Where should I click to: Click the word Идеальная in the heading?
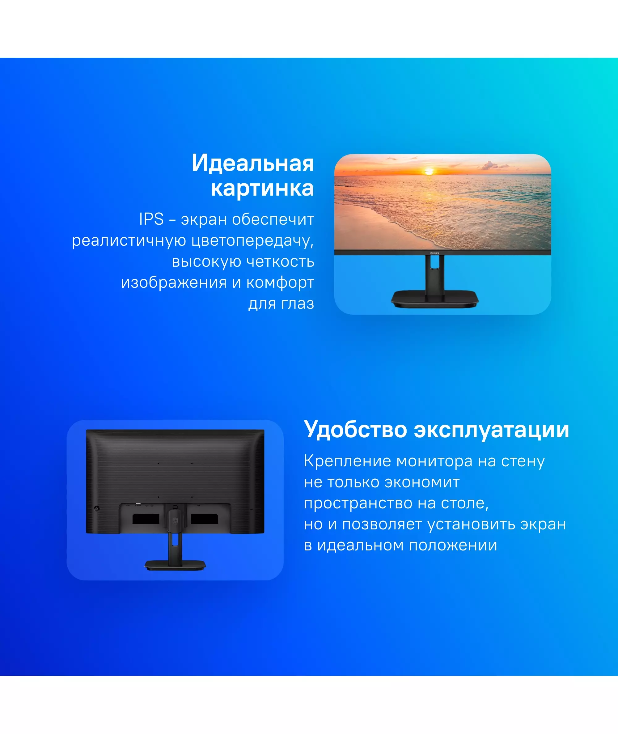(x=252, y=163)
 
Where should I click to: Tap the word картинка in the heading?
(x=262, y=189)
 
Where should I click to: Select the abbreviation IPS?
(x=151, y=219)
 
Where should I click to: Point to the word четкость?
(x=280, y=261)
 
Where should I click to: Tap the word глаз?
(x=296, y=303)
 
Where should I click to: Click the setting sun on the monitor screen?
(x=429, y=171)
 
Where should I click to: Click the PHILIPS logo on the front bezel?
(x=434, y=253)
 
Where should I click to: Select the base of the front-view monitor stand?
(x=435, y=299)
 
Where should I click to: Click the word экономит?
(x=422, y=482)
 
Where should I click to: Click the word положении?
(x=453, y=545)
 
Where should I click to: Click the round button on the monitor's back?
(x=97, y=508)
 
